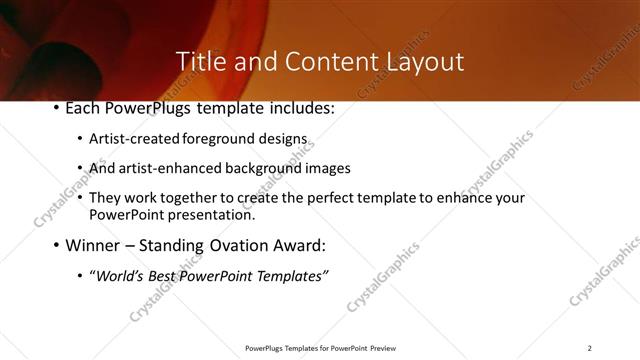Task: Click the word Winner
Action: click(x=92, y=245)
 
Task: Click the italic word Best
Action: click(x=163, y=275)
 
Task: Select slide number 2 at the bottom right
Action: click(x=589, y=348)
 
